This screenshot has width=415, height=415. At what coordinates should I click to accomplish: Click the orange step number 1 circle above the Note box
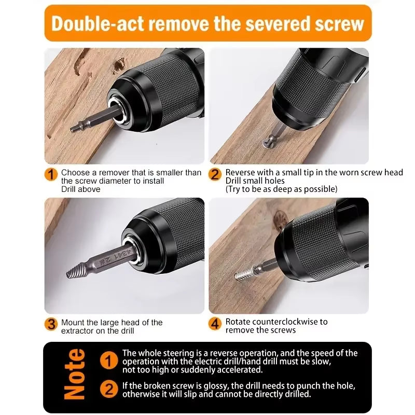tap(51, 174)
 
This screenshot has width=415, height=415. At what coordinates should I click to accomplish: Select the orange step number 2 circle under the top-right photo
tap(215, 174)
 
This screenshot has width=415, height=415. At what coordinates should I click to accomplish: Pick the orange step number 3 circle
tap(51, 324)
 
